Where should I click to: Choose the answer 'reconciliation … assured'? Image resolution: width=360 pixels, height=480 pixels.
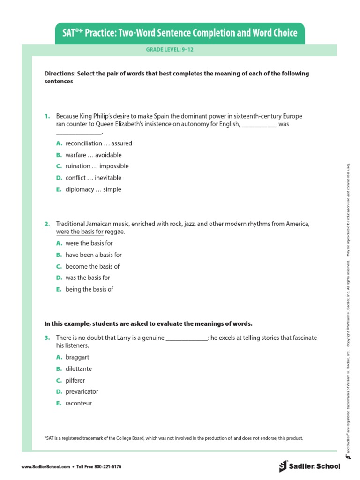click(98, 143)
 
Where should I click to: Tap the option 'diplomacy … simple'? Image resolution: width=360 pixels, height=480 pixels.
click(93, 189)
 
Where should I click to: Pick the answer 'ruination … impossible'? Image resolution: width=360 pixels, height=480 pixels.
click(97, 166)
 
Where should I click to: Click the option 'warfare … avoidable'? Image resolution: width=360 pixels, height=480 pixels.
click(93, 155)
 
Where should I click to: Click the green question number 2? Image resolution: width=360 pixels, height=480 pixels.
click(47, 224)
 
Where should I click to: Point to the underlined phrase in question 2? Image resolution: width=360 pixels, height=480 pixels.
click(80, 232)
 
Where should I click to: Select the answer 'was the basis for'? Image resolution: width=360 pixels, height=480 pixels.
click(88, 277)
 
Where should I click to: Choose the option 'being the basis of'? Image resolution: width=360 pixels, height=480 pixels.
click(89, 289)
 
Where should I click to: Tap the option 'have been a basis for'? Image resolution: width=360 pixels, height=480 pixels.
click(93, 255)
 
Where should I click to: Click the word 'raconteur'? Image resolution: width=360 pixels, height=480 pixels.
click(79, 403)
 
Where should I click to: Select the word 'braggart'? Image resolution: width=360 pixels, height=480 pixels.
click(77, 357)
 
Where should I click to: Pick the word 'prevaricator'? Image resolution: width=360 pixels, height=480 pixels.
click(82, 391)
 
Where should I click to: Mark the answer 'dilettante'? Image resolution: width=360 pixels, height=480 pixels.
click(79, 368)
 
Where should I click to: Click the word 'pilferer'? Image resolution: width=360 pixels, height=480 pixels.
click(75, 380)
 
